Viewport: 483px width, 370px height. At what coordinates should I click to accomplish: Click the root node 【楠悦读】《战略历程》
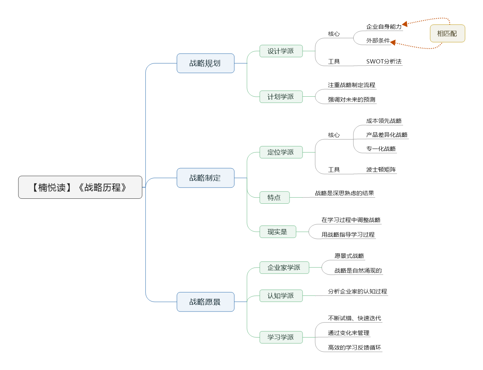point(80,187)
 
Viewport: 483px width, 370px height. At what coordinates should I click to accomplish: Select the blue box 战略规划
point(205,63)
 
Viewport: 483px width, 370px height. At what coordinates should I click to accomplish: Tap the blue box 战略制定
point(205,178)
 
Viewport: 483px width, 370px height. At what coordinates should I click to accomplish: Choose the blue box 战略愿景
point(205,302)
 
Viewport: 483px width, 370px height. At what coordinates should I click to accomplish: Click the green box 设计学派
point(281,51)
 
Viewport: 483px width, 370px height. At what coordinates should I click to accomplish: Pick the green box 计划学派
point(281,96)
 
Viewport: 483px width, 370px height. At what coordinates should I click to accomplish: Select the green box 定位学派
point(281,152)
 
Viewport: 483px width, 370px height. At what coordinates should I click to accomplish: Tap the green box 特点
point(274,197)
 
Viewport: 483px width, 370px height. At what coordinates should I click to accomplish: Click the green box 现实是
point(278,231)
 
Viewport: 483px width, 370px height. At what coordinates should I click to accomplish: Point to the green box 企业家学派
point(284,268)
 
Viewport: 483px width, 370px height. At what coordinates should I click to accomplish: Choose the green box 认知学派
point(281,295)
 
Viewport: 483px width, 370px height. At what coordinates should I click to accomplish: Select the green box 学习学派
point(281,337)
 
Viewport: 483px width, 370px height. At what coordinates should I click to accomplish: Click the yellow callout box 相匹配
point(447,33)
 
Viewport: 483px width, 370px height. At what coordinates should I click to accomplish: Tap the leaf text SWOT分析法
point(384,61)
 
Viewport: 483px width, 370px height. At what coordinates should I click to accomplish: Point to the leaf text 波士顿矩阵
point(381,169)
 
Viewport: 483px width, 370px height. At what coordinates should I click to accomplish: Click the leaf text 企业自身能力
point(384,27)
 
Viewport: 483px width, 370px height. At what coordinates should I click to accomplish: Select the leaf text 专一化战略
point(381,149)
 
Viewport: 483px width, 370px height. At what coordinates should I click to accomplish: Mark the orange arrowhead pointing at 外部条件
point(393,42)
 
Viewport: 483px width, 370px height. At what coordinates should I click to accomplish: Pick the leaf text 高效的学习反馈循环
point(354,347)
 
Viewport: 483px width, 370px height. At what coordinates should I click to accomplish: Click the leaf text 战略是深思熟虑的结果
point(344,193)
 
